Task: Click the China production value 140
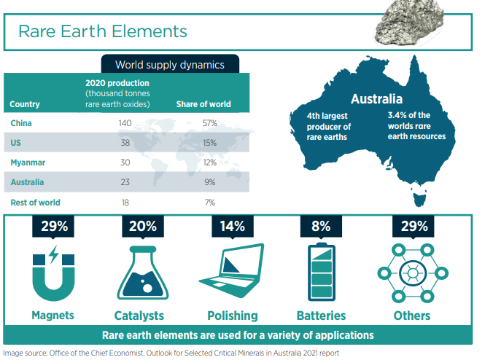pos(125,123)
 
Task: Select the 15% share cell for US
pos(210,143)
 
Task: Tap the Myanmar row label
pos(28,163)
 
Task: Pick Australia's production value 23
pos(125,182)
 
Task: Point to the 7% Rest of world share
pos(210,203)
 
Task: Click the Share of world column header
pos(203,104)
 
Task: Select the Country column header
pos(25,104)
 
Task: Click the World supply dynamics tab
pos(170,64)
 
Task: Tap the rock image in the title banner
pos(410,23)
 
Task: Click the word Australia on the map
pos(377,99)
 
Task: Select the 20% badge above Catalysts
pos(143,227)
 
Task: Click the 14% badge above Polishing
pos(233,227)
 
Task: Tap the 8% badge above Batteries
pos(321,227)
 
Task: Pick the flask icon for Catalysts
pos(143,273)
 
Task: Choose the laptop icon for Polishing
pos(232,270)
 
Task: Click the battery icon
pos(322,272)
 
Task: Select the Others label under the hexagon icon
pos(412,316)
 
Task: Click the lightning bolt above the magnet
pos(54,254)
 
